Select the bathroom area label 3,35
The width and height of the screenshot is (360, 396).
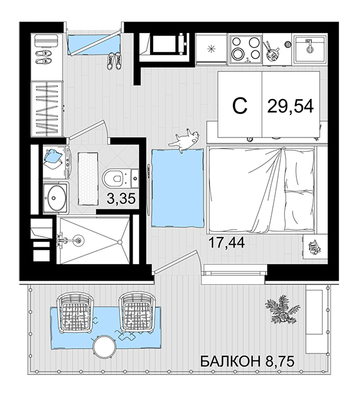click(x=121, y=199)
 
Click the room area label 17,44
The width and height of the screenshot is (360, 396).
click(x=227, y=243)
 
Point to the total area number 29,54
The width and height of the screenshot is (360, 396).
click(x=290, y=106)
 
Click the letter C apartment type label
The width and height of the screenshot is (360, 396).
click(x=239, y=106)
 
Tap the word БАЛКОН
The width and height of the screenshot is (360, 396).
click(x=230, y=361)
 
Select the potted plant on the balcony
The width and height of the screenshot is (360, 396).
click(x=282, y=309)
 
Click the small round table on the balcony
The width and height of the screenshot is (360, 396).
click(x=104, y=346)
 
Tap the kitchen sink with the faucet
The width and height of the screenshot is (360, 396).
click(x=310, y=49)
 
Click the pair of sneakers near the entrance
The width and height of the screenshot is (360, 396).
click(x=114, y=61)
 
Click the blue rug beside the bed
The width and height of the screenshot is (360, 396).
click(x=178, y=188)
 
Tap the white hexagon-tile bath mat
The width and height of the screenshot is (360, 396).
click(x=88, y=179)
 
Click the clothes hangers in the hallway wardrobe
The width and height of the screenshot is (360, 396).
click(x=47, y=110)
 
